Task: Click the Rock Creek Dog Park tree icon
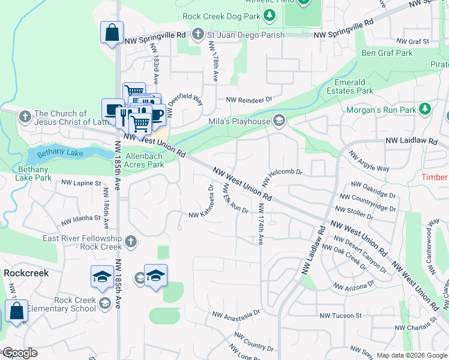point(270,14)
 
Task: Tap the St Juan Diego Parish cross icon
point(199,35)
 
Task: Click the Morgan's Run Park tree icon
point(425,109)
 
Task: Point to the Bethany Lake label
point(59,154)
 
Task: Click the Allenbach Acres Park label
point(144,160)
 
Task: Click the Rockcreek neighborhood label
point(26,272)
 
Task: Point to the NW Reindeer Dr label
point(249,100)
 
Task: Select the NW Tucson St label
point(340,316)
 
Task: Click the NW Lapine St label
point(80,183)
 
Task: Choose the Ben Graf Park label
point(387,53)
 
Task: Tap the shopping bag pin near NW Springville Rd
point(112,32)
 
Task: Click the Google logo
point(19,353)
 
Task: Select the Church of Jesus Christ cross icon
point(25,117)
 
